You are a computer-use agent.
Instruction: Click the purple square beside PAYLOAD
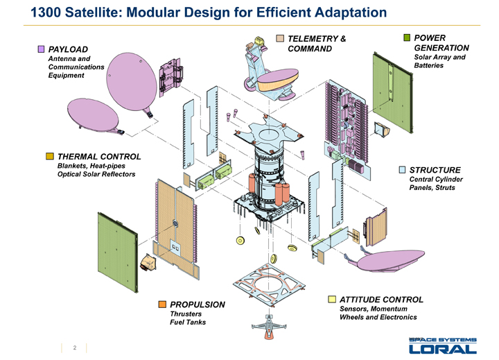point(42,49)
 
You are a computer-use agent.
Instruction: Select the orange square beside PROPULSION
point(162,304)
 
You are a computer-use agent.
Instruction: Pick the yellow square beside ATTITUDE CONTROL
point(333,300)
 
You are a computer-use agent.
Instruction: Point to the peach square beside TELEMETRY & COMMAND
point(281,37)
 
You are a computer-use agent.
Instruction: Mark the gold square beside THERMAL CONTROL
point(50,156)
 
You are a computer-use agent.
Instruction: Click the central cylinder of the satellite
point(269,177)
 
